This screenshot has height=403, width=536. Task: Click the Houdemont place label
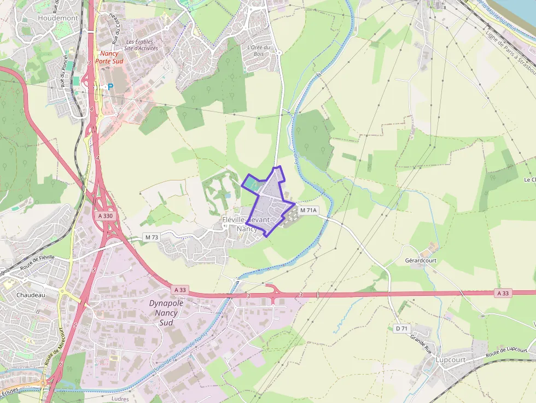tap(58, 18)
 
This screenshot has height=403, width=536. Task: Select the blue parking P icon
tap(110, 86)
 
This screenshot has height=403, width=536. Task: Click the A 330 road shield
tap(106, 216)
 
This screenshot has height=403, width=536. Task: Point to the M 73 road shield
tap(152, 237)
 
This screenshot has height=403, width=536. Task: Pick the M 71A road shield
tap(308, 210)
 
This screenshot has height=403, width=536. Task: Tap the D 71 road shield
tap(401, 328)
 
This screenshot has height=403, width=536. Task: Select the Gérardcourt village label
tap(421, 261)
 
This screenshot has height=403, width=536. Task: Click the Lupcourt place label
tap(451, 360)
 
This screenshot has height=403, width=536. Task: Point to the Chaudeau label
tap(30, 295)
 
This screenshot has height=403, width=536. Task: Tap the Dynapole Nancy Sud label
tap(166, 313)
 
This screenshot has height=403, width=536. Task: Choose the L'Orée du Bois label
tap(259, 50)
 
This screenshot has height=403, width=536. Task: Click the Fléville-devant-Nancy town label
tap(247, 224)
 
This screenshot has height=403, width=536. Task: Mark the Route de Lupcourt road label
tap(506, 353)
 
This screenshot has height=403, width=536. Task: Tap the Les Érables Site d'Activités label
tap(141, 45)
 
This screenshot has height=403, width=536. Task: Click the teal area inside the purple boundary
tap(252, 184)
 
